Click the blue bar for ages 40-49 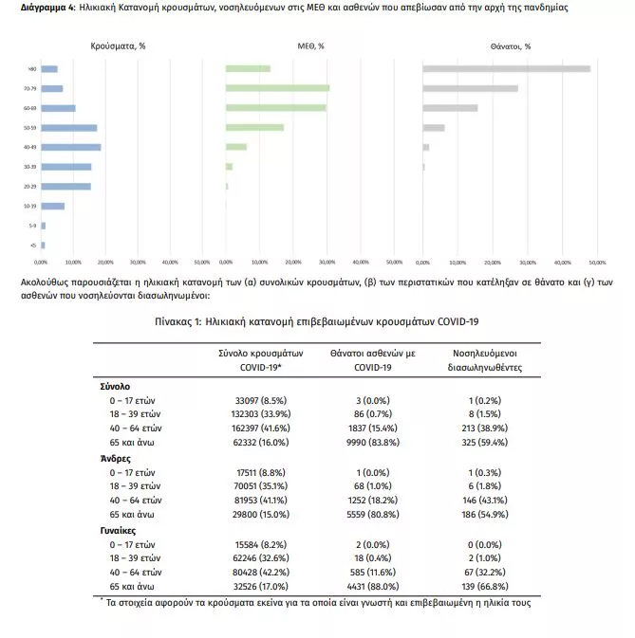click(x=70, y=147)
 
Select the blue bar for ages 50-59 click(x=68, y=127)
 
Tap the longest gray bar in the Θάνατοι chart click(x=506, y=68)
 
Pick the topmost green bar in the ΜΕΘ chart click(x=248, y=68)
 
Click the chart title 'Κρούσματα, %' click(x=118, y=46)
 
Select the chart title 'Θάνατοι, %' click(x=511, y=46)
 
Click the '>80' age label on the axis click(x=32, y=68)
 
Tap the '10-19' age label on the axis click(x=31, y=206)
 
